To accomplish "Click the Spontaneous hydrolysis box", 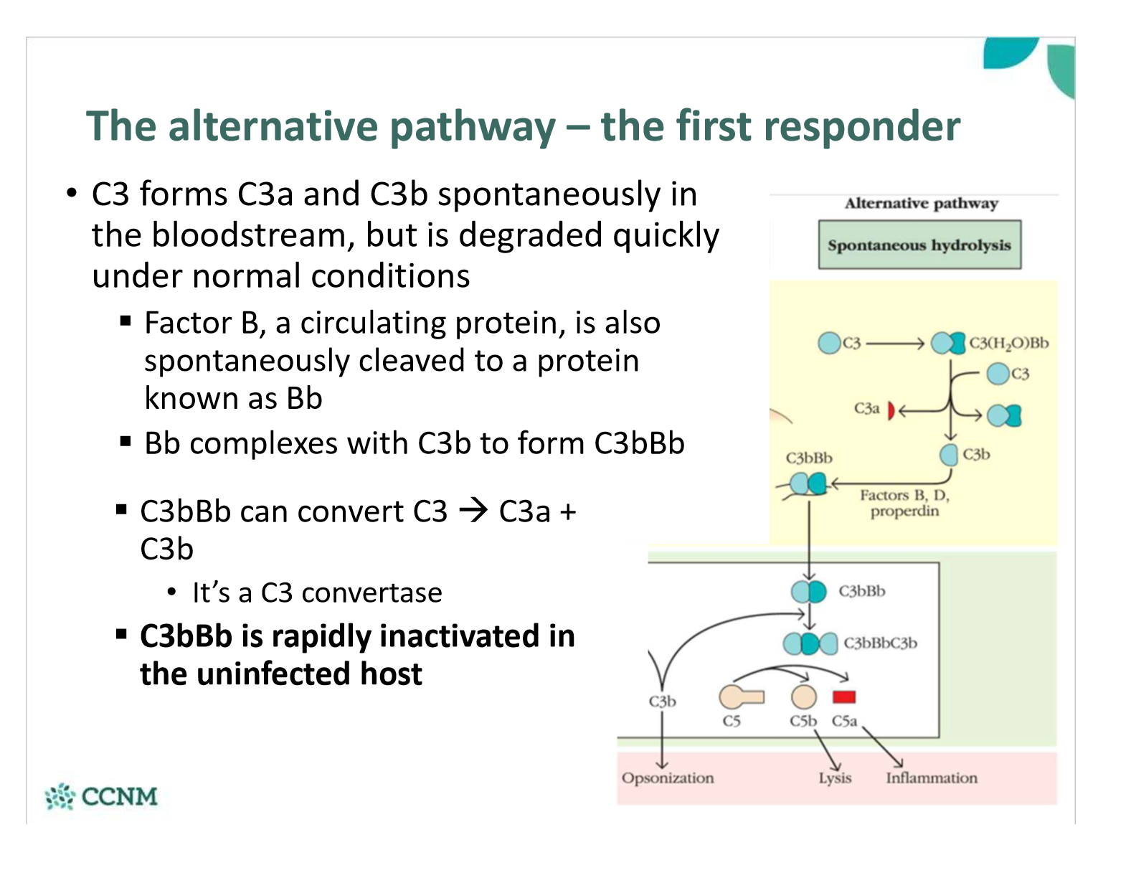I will tap(919, 245).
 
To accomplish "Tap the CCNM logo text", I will tap(119, 796).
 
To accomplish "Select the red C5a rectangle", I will tap(844, 697).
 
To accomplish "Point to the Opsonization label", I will tap(667, 778).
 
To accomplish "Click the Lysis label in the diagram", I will tap(835, 778).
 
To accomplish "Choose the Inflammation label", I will tap(931, 778).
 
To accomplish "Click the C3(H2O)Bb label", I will tap(1008, 343).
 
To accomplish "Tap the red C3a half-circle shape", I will tap(891, 410).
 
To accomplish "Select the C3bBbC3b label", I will tap(880, 643).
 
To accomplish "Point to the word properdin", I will tap(904, 511).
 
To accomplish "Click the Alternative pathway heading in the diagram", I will tap(921, 204).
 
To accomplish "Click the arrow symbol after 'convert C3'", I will tap(473, 511).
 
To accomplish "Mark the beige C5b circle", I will tap(803, 697).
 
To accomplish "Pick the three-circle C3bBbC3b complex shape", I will tap(810, 643).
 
